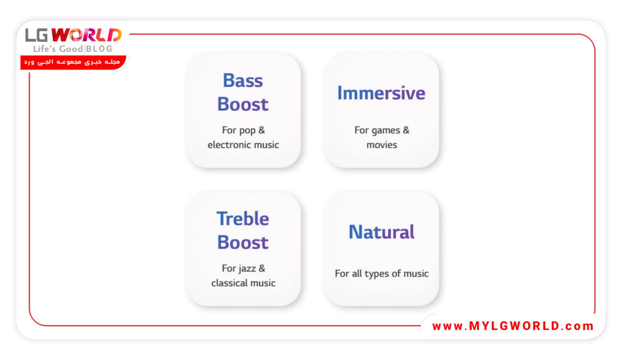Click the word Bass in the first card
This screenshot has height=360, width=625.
[x=243, y=81]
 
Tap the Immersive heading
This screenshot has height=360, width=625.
[x=381, y=93]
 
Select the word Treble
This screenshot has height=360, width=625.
[x=243, y=218]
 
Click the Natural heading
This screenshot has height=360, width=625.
[x=381, y=232]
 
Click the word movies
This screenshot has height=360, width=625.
[x=382, y=145]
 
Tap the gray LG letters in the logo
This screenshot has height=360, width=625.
[x=37, y=35]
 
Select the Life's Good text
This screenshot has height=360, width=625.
[x=58, y=49]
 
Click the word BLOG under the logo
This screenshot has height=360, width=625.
[x=99, y=49]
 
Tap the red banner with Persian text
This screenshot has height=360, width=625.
[x=73, y=62]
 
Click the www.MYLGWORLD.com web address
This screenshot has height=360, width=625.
[x=513, y=326]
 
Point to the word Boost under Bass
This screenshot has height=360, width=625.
[x=243, y=104]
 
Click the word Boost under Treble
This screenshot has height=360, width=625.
[x=243, y=242]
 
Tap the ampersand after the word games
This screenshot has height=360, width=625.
[x=406, y=130]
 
